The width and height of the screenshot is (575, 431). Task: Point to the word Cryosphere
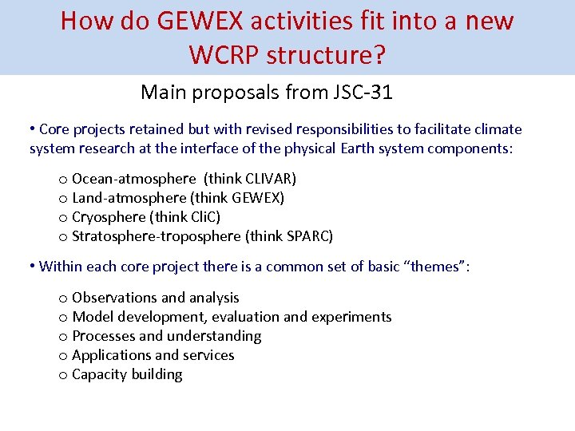coord(108,216)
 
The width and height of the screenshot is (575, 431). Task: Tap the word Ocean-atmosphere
coord(134,178)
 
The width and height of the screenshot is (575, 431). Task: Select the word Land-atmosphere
coord(129,197)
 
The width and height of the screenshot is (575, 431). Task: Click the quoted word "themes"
coord(437,266)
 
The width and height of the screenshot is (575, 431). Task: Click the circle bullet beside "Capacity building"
coord(62,375)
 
